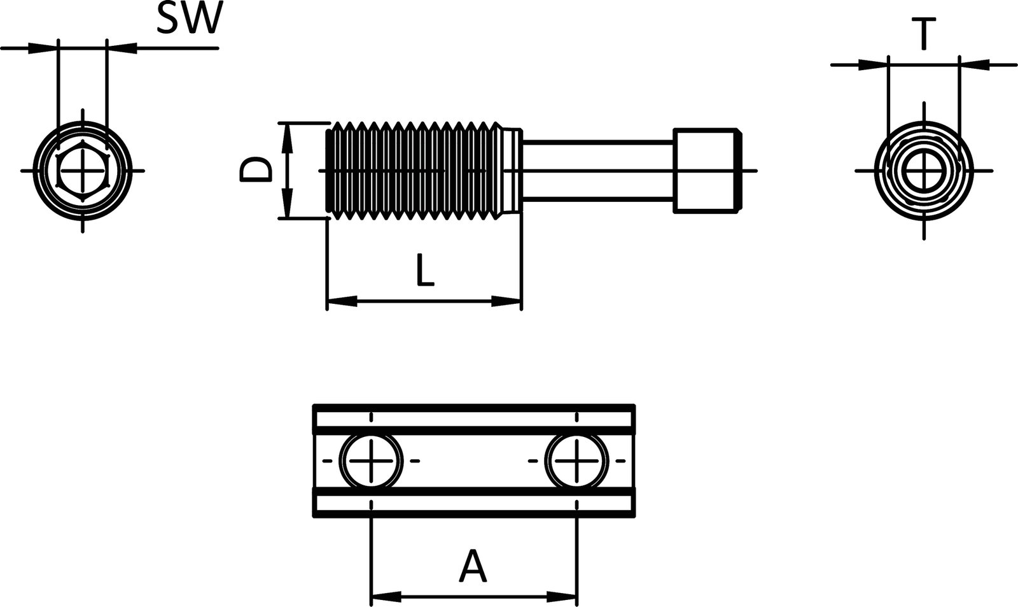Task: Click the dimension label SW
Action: (188, 19)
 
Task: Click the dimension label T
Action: (922, 34)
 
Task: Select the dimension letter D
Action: (255, 171)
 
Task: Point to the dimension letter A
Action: (473, 568)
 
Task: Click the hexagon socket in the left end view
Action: (83, 171)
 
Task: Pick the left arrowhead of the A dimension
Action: (386, 597)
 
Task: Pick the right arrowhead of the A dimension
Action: (562, 597)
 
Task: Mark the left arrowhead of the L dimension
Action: (341, 301)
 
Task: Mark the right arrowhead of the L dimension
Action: (506, 301)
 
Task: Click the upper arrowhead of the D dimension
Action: (288, 138)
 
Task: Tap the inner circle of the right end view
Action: (924, 171)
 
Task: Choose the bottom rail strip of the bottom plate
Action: (474, 503)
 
